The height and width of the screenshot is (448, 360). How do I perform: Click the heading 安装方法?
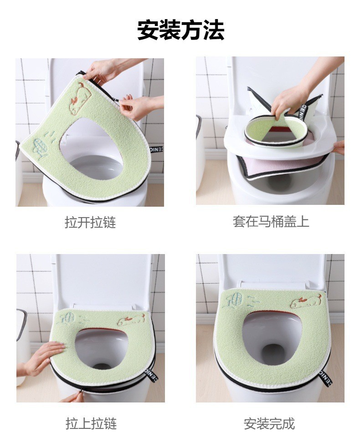[180, 30]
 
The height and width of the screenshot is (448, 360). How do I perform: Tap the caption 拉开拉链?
[90, 223]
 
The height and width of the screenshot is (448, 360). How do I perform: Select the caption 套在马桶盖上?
[271, 222]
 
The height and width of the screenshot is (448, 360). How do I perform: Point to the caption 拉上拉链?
[91, 424]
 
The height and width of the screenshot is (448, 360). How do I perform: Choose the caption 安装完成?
[269, 424]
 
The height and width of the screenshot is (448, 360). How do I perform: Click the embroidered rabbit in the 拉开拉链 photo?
[80, 96]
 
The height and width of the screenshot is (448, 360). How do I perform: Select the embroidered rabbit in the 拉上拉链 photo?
[131, 320]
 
